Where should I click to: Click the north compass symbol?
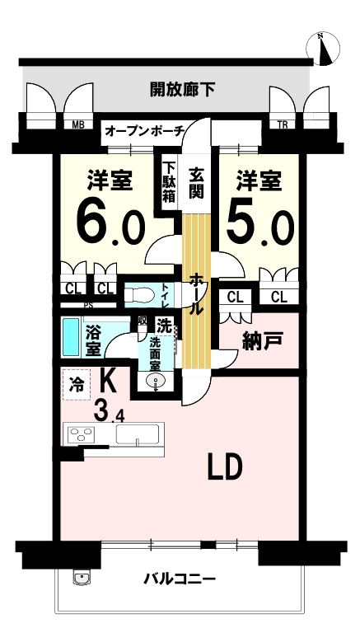(x=323, y=49)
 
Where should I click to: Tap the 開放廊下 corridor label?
(x=182, y=89)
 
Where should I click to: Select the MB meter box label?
(x=78, y=125)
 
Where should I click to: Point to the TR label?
(x=283, y=125)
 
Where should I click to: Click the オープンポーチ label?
(x=144, y=131)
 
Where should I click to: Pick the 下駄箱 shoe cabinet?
(x=170, y=182)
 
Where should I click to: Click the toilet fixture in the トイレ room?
(x=139, y=294)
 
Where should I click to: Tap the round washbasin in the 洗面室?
(x=156, y=382)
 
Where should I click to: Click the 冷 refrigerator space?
(x=77, y=385)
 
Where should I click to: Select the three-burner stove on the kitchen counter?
(x=81, y=434)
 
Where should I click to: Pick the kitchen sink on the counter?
(x=138, y=434)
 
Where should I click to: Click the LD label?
(x=225, y=467)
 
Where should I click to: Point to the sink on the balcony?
(x=82, y=578)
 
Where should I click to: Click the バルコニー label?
(x=180, y=579)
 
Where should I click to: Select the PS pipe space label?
(x=87, y=305)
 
